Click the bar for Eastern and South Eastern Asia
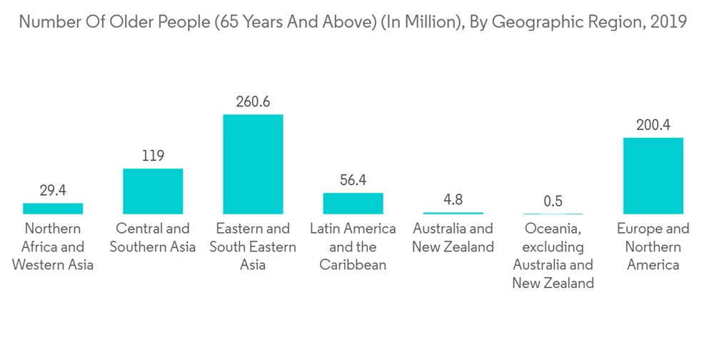coord(253,164)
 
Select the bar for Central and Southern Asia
coord(153,191)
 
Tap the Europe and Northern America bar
coord(653,175)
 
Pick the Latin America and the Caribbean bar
coord(353,203)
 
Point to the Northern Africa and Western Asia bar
coord(53,208)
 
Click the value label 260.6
coord(253,101)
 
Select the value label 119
coord(153,156)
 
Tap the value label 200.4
coord(653,125)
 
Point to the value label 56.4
coord(353,180)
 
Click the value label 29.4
coord(53,191)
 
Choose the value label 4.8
coord(453,200)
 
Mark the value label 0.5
coord(553,201)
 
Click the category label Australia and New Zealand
coord(453,238)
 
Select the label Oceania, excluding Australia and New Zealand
coord(553,256)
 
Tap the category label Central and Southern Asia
coord(153,238)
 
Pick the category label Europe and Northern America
coord(653,246)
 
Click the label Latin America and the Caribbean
coord(353,246)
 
